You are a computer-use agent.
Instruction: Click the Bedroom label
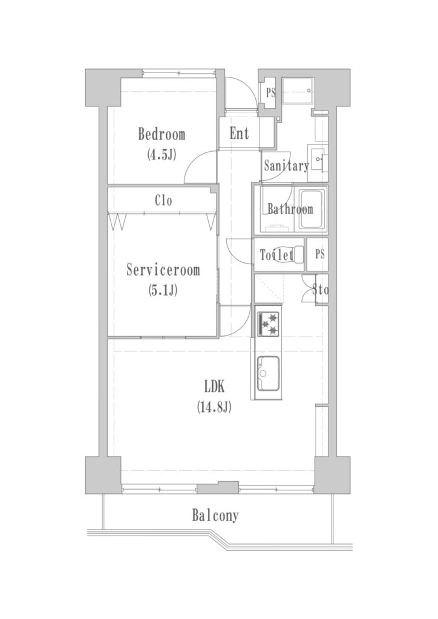[x=162, y=134]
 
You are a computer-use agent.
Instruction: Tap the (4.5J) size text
[x=161, y=154]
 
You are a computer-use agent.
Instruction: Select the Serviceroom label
[x=163, y=270]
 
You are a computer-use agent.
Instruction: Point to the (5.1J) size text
[x=162, y=291]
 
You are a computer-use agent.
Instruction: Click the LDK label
[x=214, y=387]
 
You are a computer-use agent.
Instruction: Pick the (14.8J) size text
[x=214, y=407]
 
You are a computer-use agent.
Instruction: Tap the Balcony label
[x=215, y=516]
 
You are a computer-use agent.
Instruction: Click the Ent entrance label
[x=240, y=134]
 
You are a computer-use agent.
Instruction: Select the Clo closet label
[x=163, y=201]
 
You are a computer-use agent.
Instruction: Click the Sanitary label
[x=286, y=166]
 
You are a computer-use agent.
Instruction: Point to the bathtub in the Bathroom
[x=312, y=209]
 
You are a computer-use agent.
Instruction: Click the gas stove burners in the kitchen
[x=269, y=324]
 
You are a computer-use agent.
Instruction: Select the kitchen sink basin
[x=268, y=374]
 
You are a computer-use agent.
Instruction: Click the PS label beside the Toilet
[x=320, y=254]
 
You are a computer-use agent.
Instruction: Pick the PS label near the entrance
[x=270, y=94]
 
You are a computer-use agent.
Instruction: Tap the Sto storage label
[x=320, y=290]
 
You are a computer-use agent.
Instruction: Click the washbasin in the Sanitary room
[x=319, y=159]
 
